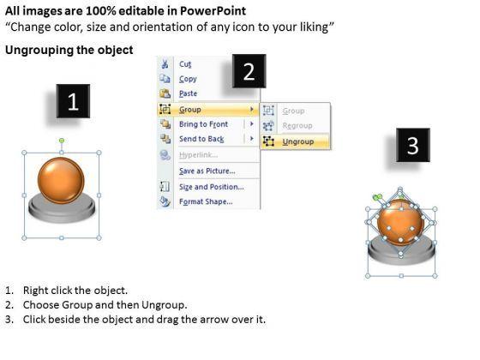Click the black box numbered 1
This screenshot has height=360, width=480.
coord(73,101)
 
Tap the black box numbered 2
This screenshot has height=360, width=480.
coord(249,71)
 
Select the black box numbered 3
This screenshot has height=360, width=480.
coord(413,145)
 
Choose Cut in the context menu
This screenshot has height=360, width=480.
coord(185,64)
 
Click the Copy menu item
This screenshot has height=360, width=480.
coord(188,79)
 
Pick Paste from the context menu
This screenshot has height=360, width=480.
coord(188,93)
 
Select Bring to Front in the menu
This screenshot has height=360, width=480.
coord(204,124)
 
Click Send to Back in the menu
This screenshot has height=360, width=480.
coord(201,139)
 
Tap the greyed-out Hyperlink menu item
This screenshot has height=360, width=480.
coord(198,155)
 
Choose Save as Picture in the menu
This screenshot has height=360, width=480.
coord(207,171)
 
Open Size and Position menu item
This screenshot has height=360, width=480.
coord(212,187)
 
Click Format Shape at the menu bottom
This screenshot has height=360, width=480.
coord(206,201)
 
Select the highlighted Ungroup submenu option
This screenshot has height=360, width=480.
coord(298,141)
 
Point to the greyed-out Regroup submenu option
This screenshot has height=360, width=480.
coord(297,125)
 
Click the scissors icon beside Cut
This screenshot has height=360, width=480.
coord(165,63)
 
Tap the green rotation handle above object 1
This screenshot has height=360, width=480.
coord(62,141)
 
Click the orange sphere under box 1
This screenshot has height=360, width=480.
coord(61,180)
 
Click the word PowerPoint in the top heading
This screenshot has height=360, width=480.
coord(213,11)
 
